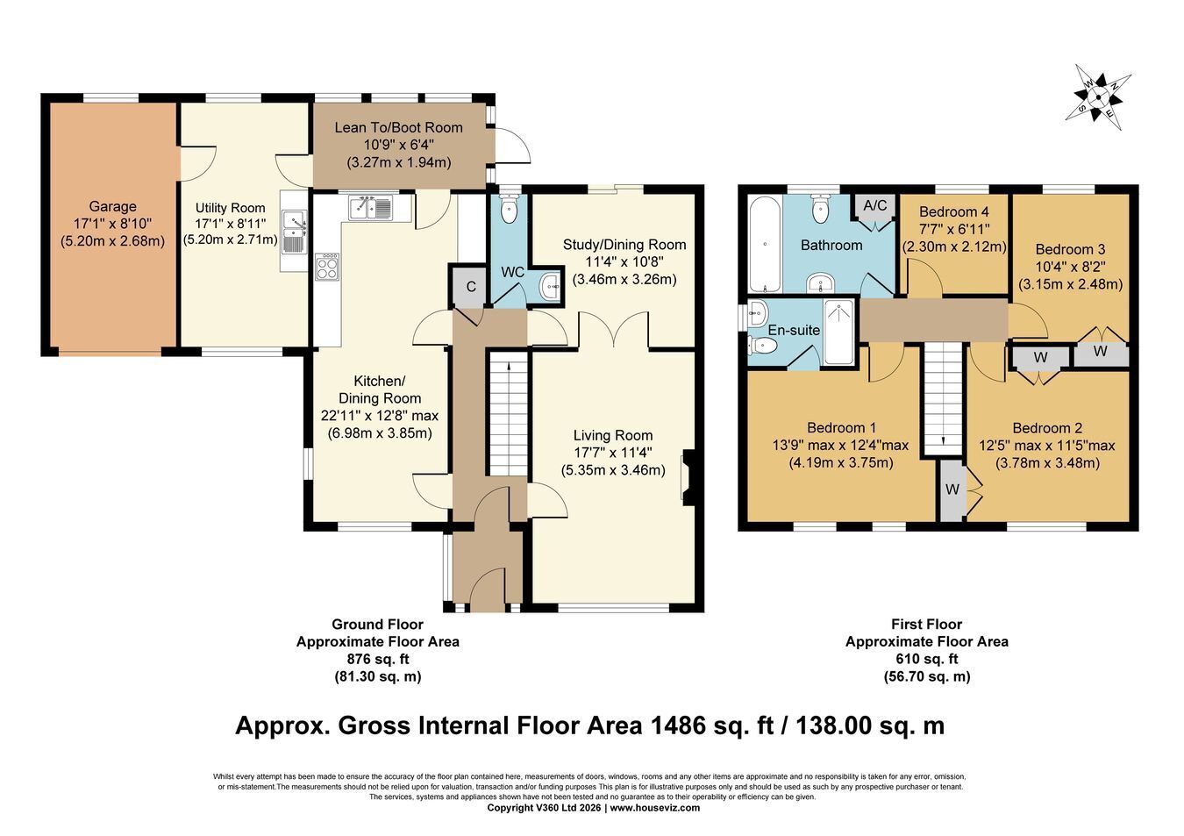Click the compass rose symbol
point(1098,97)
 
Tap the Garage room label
point(112,206)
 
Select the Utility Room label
point(230,208)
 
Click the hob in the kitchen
point(328,267)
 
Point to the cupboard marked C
point(471,287)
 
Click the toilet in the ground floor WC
point(509,209)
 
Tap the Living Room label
point(613,435)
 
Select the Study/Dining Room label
point(624,245)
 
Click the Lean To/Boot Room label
point(398,127)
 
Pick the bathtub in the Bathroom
point(766,244)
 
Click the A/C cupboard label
point(874,205)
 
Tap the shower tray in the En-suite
point(838,332)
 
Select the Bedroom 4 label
point(954,212)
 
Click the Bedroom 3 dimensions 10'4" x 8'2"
point(1070,267)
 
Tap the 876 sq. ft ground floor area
point(378,660)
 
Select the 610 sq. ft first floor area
point(927,660)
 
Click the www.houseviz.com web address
point(655,807)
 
